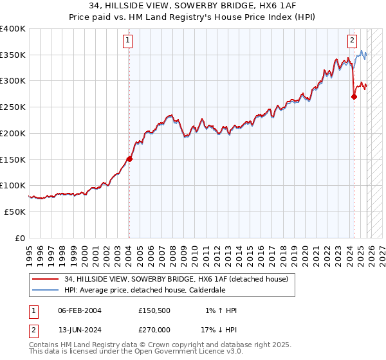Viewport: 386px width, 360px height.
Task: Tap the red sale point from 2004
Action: [x=129, y=159]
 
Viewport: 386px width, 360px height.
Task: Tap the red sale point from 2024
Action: [x=354, y=96]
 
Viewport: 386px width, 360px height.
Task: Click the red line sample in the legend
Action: [x=46, y=278]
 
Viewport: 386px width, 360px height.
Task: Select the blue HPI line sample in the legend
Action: [x=46, y=290]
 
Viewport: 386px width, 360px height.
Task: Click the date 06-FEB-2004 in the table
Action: [x=80, y=310]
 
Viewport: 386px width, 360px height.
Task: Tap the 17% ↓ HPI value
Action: [x=219, y=331]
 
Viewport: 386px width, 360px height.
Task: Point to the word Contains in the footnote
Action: [x=44, y=345]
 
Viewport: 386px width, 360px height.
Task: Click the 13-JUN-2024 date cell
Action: [x=80, y=331]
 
